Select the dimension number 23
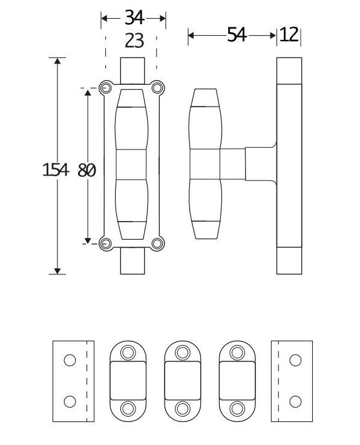(133, 41)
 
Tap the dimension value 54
(237, 35)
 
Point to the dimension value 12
(290, 35)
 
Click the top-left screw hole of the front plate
(106, 88)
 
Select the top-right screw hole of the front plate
(157, 88)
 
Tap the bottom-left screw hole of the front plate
(106, 243)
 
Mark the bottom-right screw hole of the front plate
(157, 243)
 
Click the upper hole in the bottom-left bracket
(70, 360)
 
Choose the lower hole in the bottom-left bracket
(70, 401)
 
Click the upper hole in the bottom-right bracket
(295, 360)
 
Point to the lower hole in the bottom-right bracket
(295, 401)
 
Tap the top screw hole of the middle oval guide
(183, 353)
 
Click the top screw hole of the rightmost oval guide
(237, 353)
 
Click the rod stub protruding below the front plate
(133, 262)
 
